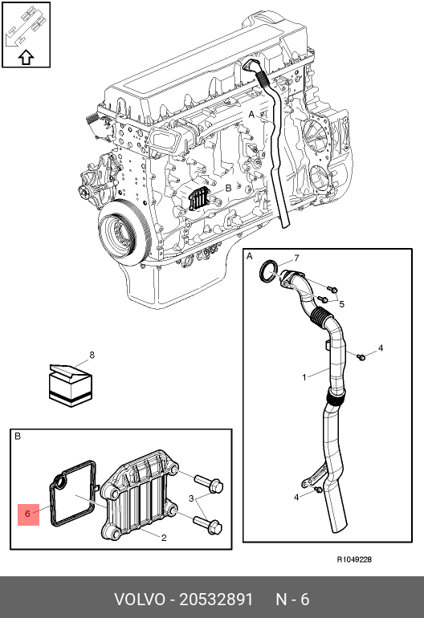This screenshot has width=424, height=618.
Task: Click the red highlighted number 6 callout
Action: (x=28, y=514)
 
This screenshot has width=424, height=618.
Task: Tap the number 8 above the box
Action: (x=92, y=355)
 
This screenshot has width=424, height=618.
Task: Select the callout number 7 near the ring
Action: (x=296, y=258)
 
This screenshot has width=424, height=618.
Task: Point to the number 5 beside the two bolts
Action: (x=341, y=304)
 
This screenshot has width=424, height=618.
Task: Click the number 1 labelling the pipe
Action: (x=304, y=377)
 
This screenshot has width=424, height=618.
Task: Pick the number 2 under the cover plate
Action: (x=164, y=538)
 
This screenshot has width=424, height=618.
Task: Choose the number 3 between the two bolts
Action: (x=191, y=498)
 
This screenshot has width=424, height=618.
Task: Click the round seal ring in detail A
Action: (x=268, y=271)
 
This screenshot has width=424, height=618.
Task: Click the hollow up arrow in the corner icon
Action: (x=26, y=57)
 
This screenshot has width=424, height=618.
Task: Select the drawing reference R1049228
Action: (x=354, y=559)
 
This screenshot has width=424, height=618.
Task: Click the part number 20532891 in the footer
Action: (x=216, y=599)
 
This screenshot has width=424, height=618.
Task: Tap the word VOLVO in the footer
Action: (x=140, y=599)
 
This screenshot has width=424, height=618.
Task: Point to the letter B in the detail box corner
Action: (x=18, y=437)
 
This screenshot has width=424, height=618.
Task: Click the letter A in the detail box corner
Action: (x=249, y=257)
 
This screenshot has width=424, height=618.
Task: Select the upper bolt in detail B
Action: (x=209, y=483)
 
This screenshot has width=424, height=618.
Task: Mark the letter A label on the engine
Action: (x=251, y=114)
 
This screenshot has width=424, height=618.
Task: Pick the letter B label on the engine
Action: (x=228, y=189)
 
